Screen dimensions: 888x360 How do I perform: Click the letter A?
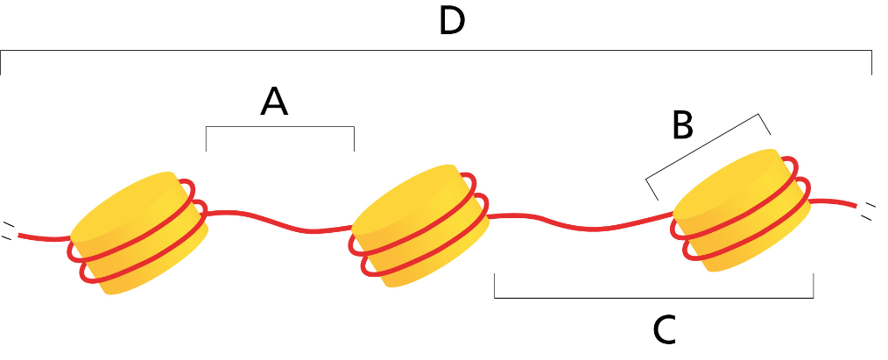pyautogui.click(x=274, y=102)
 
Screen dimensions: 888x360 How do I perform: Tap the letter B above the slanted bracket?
pyautogui.click(x=682, y=126)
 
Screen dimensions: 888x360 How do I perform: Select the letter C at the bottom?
pyautogui.click(x=665, y=329)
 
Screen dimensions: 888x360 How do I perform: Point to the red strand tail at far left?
pyautogui.click(x=39, y=236)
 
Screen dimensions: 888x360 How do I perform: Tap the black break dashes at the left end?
pyautogui.click(x=8, y=229)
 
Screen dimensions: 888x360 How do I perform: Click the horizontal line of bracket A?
pyautogui.click(x=279, y=128)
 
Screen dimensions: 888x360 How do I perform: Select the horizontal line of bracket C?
pyautogui.click(x=653, y=298)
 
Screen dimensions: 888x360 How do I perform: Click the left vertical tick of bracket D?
pyautogui.click(x=2, y=63)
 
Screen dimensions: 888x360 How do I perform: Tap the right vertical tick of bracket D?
pyautogui.click(x=871, y=63)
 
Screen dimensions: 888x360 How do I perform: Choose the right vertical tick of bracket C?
pyautogui.click(x=814, y=286)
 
